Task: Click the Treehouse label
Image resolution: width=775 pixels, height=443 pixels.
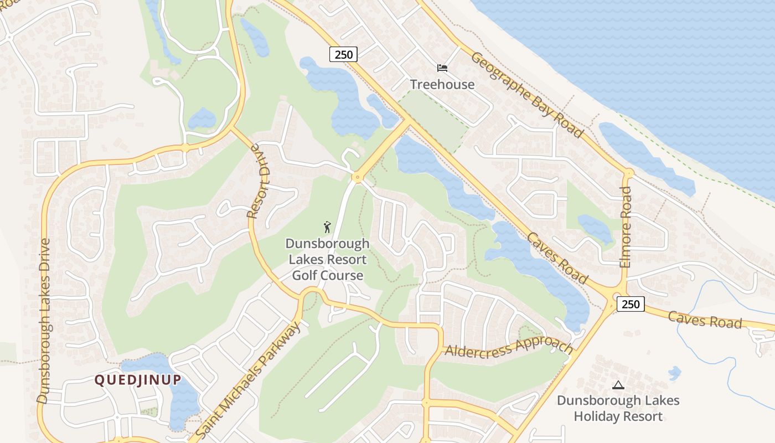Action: click(x=442, y=84)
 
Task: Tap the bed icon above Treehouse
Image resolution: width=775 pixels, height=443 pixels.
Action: click(x=442, y=68)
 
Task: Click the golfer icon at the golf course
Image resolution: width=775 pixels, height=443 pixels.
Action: click(x=327, y=226)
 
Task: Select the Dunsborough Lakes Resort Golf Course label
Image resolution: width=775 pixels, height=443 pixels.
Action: click(x=327, y=259)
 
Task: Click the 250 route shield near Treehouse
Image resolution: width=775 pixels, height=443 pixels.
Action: click(x=343, y=54)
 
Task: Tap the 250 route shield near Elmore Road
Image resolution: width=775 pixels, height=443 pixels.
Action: click(x=631, y=303)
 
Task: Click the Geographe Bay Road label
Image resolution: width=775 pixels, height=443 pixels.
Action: click(x=526, y=95)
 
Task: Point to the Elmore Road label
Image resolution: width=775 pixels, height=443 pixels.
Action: click(x=626, y=227)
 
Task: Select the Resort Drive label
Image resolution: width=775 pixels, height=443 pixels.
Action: click(x=259, y=181)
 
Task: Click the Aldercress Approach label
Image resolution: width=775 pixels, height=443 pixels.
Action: click(x=509, y=347)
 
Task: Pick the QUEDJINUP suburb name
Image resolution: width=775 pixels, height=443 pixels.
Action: click(x=138, y=380)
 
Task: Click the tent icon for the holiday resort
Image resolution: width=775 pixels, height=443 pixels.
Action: click(x=618, y=385)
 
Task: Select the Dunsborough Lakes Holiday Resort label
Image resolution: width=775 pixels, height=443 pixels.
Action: click(x=618, y=408)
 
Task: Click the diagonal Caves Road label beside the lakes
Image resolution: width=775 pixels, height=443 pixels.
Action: click(x=557, y=258)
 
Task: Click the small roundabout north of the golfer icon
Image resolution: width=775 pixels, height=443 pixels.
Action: click(x=357, y=178)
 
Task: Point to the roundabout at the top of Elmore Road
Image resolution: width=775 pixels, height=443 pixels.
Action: click(x=628, y=173)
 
